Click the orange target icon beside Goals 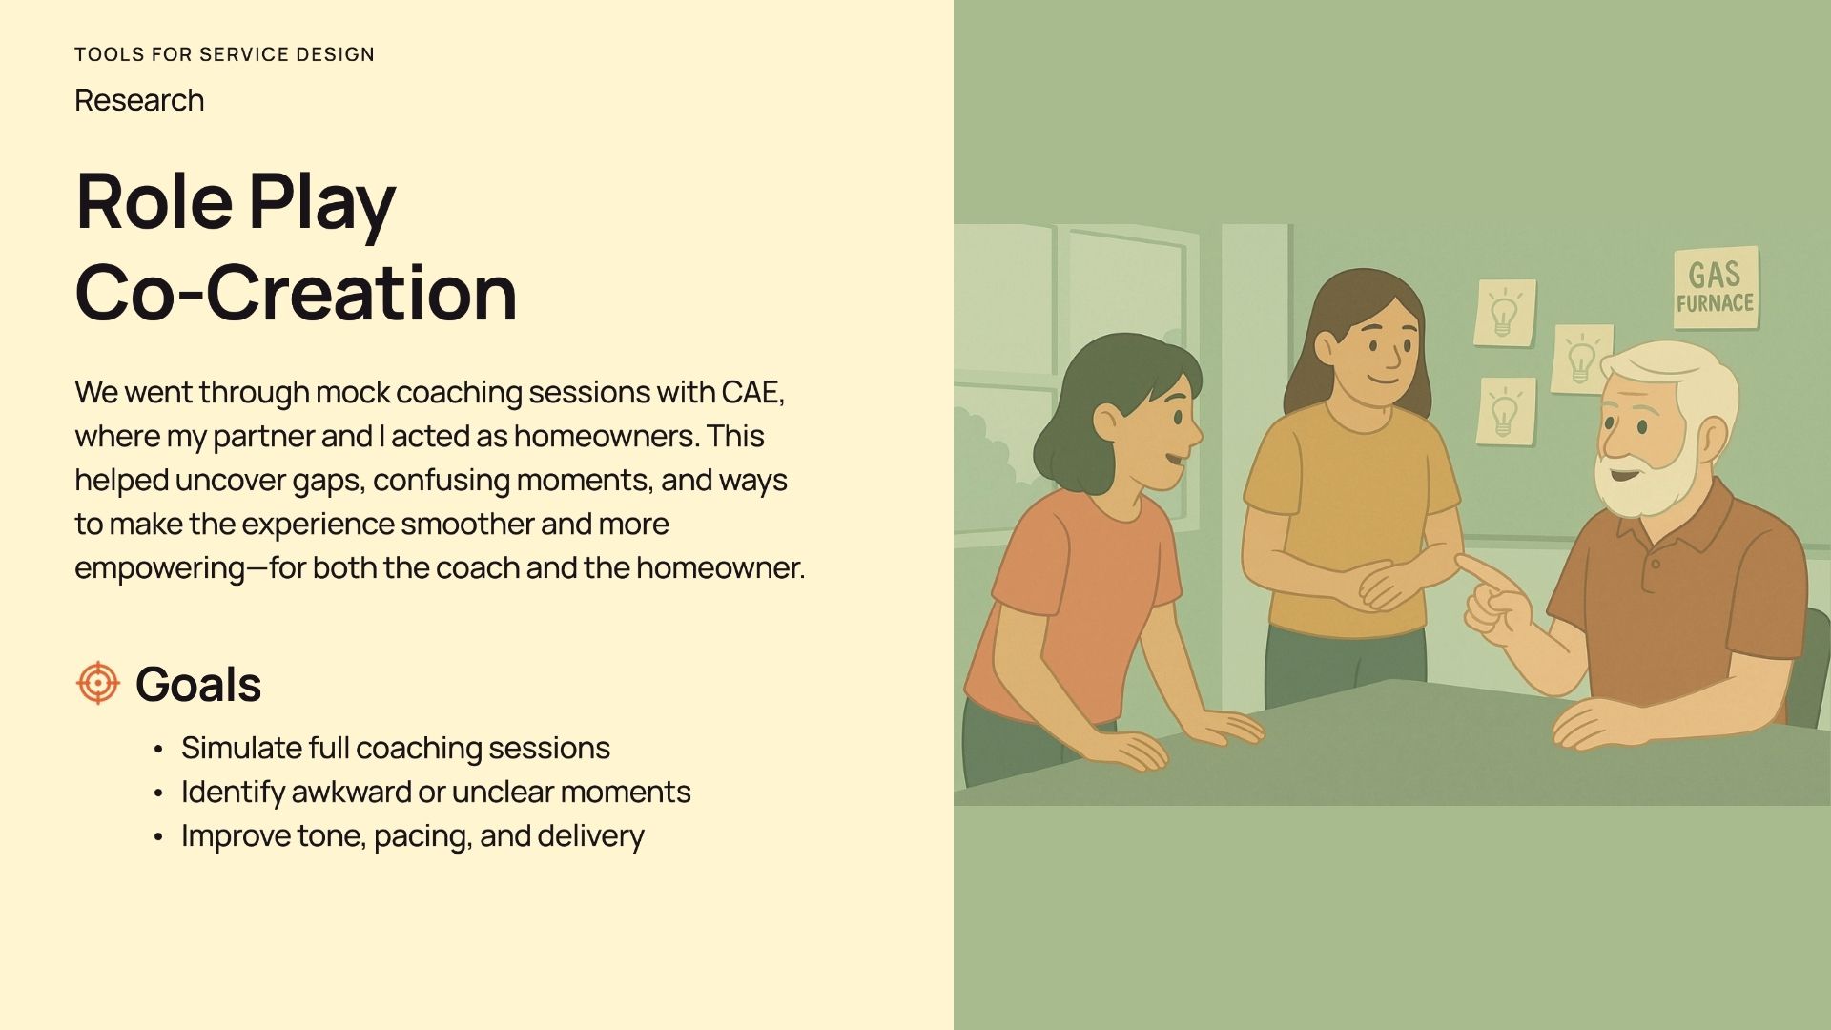pos(97,683)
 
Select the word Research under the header pos(139,100)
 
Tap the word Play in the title pos(322,204)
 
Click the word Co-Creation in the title pos(296,292)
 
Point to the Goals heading pos(198,684)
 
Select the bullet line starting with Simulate pos(396,748)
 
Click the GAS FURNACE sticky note pos(1716,288)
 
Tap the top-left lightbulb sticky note pos(1505,313)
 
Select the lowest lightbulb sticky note pos(1506,411)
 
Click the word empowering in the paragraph pos(160,568)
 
